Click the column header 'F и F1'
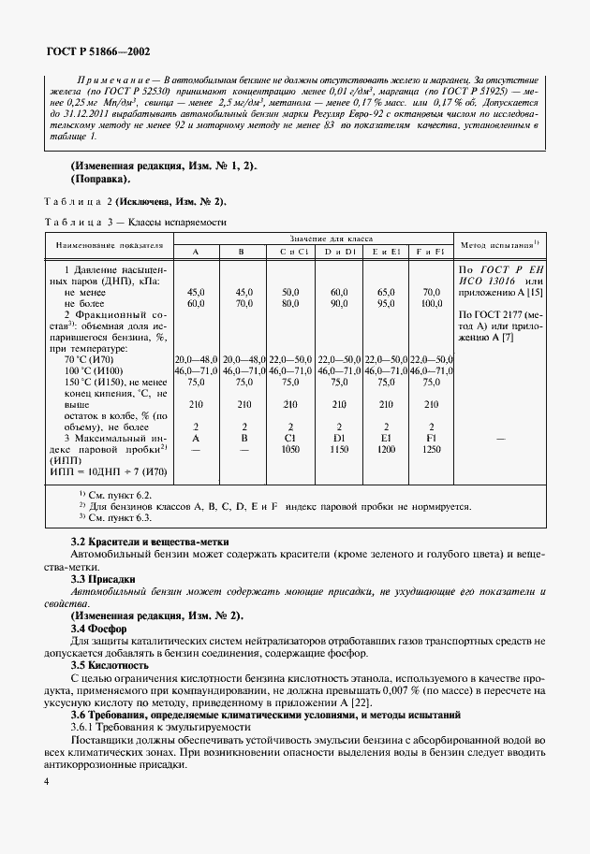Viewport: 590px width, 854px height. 431,252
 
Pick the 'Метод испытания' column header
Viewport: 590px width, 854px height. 499,245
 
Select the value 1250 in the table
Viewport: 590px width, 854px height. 431,448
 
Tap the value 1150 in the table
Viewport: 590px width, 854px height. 339,448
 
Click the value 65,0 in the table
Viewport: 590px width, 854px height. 385,292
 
